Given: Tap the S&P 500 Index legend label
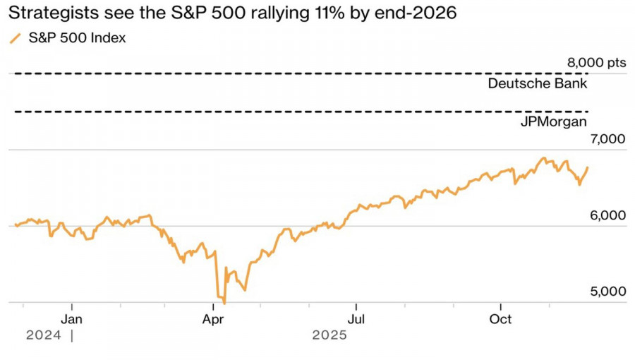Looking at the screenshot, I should [x=77, y=38].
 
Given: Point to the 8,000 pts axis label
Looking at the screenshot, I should [x=596, y=63].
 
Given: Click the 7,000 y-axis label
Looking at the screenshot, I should [x=606, y=139].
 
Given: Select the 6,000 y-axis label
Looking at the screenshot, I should [x=606, y=215].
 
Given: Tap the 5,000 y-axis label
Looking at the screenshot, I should [x=606, y=292].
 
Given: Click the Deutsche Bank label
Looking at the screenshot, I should [x=538, y=84].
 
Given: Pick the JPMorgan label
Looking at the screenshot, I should [x=554, y=122].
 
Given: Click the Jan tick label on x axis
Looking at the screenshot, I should [x=71, y=318].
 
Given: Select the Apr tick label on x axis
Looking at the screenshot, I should [x=213, y=318].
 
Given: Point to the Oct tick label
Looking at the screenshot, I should [x=500, y=318].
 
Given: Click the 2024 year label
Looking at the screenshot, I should [x=43, y=336].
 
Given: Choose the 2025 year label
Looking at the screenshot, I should [x=329, y=336].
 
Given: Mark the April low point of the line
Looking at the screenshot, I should [x=224, y=302].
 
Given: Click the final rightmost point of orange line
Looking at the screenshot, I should [x=588, y=167].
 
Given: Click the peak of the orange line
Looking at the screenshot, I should [x=543, y=158].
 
